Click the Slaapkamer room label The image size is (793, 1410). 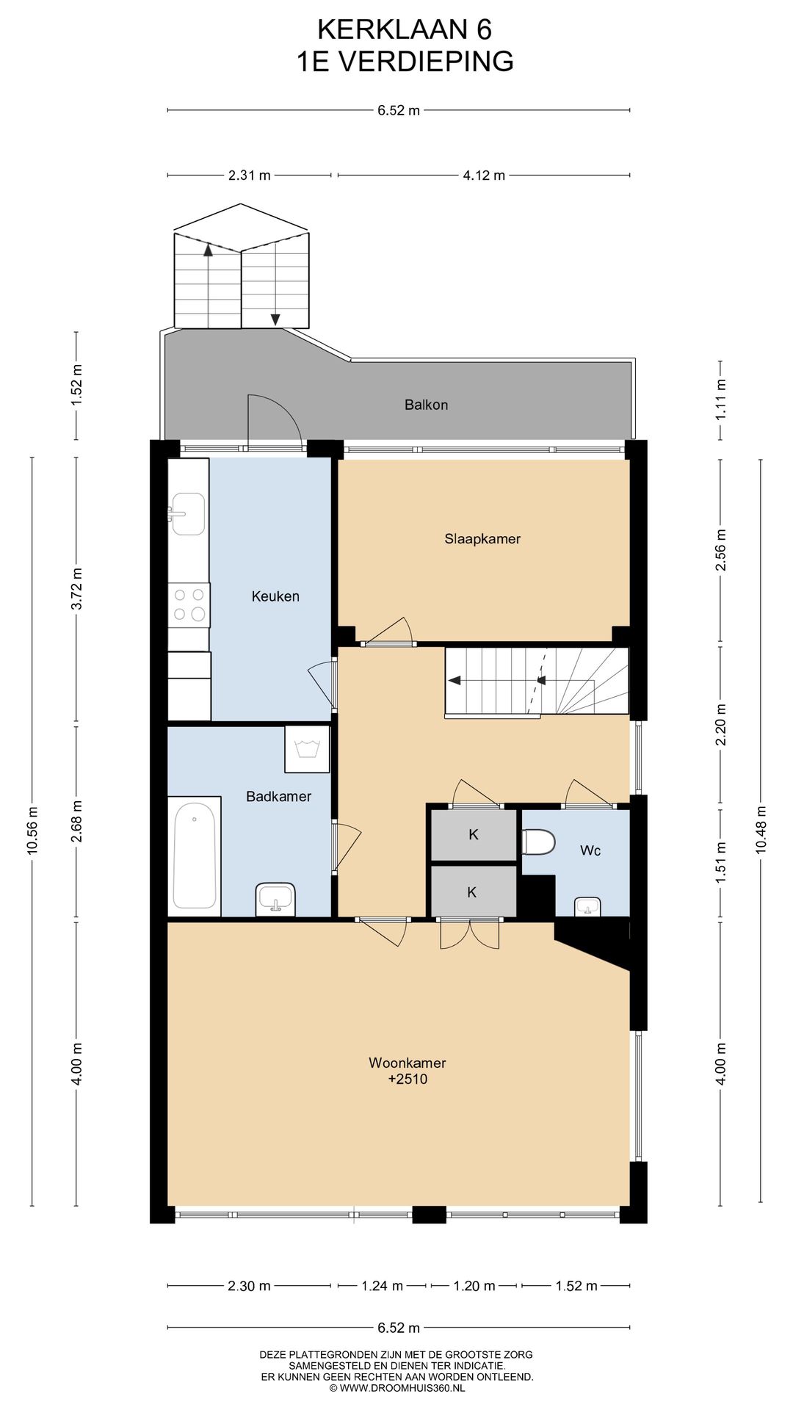[482, 538]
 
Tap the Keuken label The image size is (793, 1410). [275, 596]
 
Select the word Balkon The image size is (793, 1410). [426, 405]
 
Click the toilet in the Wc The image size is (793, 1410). [539, 842]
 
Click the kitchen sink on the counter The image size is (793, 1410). [188, 513]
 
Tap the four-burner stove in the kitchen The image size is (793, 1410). [189, 605]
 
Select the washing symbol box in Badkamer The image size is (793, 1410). [307, 749]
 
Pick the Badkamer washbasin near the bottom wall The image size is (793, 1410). [276, 899]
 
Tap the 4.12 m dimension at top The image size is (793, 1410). [484, 176]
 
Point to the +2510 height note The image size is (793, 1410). [408, 1079]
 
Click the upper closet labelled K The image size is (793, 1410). [474, 834]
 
